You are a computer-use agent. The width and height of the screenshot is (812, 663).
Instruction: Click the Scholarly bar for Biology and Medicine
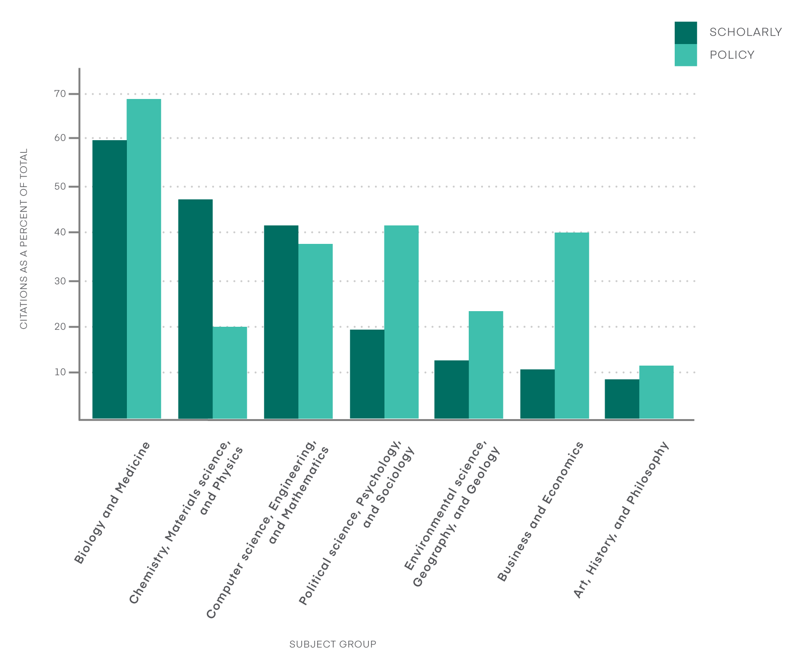109,279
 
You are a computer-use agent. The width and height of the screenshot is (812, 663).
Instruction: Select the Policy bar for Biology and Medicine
144,259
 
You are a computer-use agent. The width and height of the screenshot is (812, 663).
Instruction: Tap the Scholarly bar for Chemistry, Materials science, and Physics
195,309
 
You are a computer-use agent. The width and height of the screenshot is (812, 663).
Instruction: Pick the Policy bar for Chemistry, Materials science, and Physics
230,373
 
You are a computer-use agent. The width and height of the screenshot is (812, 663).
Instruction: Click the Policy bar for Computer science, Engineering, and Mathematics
315,331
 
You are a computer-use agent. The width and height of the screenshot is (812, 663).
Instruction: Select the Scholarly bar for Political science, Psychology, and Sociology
367,374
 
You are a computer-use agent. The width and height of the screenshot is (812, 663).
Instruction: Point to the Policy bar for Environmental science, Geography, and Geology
486,365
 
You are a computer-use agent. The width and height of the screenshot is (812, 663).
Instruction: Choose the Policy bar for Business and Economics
571,326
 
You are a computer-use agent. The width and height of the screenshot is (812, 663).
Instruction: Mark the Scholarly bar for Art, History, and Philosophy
622,399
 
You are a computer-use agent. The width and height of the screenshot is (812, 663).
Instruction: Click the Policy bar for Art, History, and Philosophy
656,392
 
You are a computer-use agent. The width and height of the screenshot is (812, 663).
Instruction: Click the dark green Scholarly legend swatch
685,33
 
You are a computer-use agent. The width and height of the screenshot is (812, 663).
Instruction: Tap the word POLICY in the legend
732,55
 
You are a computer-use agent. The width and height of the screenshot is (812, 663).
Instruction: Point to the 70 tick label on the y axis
60,94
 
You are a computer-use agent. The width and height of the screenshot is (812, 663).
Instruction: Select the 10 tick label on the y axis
60,372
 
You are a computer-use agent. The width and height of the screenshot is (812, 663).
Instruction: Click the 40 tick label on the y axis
60,232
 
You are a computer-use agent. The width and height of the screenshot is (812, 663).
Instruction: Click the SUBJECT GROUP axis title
332,644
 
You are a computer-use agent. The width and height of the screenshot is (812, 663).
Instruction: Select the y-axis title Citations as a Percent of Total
24,239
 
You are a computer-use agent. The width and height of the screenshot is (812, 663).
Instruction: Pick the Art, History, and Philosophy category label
621,520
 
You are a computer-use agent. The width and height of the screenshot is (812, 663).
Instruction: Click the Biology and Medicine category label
113,503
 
